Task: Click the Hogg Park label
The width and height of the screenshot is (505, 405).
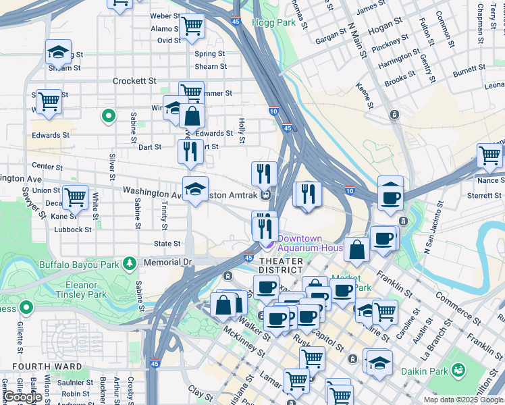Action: point(275,22)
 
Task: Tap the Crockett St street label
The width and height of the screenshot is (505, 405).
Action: point(135,81)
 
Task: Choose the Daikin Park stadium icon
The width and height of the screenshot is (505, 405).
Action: point(459,369)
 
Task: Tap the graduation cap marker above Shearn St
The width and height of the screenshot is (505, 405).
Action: point(59,52)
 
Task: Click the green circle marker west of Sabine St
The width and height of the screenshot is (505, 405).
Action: point(107,117)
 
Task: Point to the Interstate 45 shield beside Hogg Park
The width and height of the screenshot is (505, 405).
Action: point(235,22)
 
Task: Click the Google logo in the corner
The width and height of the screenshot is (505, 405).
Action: point(22,398)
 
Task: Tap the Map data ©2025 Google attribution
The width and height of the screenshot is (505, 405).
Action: point(463,400)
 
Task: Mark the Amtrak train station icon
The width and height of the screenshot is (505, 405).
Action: point(267,196)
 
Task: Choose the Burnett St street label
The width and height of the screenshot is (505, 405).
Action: point(469,70)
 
